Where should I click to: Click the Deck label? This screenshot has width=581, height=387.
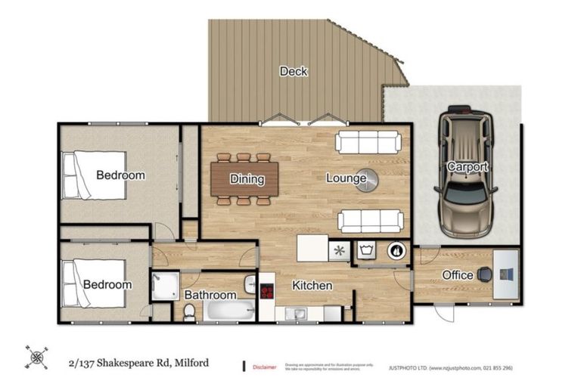[x=294, y=71]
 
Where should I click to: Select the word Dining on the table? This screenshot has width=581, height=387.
[x=247, y=179]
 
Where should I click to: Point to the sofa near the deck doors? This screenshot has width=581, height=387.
[x=368, y=142]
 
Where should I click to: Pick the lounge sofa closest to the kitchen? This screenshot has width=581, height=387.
[x=368, y=221]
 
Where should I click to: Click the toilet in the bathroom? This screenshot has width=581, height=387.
[x=190, y=311]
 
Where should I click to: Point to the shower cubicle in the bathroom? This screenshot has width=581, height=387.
[x=163, y=286]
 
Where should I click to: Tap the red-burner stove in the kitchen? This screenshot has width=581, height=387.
[x=266, y=290]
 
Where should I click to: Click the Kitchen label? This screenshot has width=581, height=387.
[x=312, y=286]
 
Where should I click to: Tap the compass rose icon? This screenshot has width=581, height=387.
[x=35, y=356]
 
